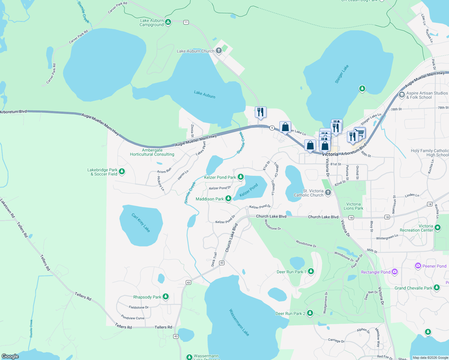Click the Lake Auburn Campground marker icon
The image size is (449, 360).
click(x=168, y=22)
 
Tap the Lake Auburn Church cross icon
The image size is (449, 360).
click(x=219, y=50)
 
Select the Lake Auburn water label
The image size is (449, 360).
click(x=204, y=94)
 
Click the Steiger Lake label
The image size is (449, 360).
click(x=342, y=74)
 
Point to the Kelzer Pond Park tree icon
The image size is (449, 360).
click(x=240, y=177)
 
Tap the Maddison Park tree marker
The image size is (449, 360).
click(x=228, y=198)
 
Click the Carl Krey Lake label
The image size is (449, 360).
click(x=141, y=223)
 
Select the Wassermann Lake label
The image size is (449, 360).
click(x=239, y=322)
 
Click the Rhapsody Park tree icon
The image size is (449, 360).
click(x=165, y=296)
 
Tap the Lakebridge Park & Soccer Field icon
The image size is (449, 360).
click(x=122, y=171)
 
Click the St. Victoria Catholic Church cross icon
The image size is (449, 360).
click(x=328, y=192)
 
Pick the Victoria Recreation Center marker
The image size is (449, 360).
click(x=438, y=228)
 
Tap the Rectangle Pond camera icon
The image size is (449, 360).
click(x=395, y=272)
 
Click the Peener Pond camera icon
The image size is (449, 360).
click(x=418, y=266)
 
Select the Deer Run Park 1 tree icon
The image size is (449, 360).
click(x=311, y=271)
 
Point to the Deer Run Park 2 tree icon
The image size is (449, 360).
click(x=310, y=313)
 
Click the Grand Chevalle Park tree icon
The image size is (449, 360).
click(x=437, y=287)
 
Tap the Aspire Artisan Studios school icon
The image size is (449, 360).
click(x=402, y=95)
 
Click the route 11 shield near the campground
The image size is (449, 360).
click(x=186, y=22)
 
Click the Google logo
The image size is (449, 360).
click(x=10, y=356)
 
